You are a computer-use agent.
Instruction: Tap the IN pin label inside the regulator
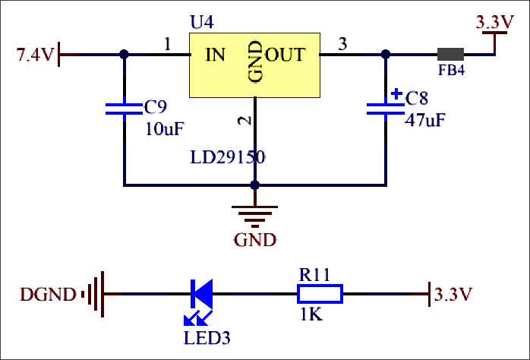pos(215,55)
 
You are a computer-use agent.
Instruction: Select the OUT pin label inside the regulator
pos(286,55)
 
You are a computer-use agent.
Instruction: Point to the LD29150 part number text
pos(228,157)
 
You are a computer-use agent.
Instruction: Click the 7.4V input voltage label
pos(35,55)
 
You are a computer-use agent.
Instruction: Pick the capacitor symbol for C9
pos(124,110)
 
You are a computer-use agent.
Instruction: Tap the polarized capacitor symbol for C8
pos(385,109)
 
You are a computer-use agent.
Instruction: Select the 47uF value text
pos(424,120)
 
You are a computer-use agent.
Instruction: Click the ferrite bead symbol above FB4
pos(450,55)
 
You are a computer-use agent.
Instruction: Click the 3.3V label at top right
pos(494,23)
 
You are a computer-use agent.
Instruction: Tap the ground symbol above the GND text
pos(255,215)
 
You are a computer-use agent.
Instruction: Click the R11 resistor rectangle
pos(320,293)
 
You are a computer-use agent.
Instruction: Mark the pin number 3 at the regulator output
pos(342,44)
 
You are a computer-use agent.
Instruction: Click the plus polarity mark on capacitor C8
pos(396,95)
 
